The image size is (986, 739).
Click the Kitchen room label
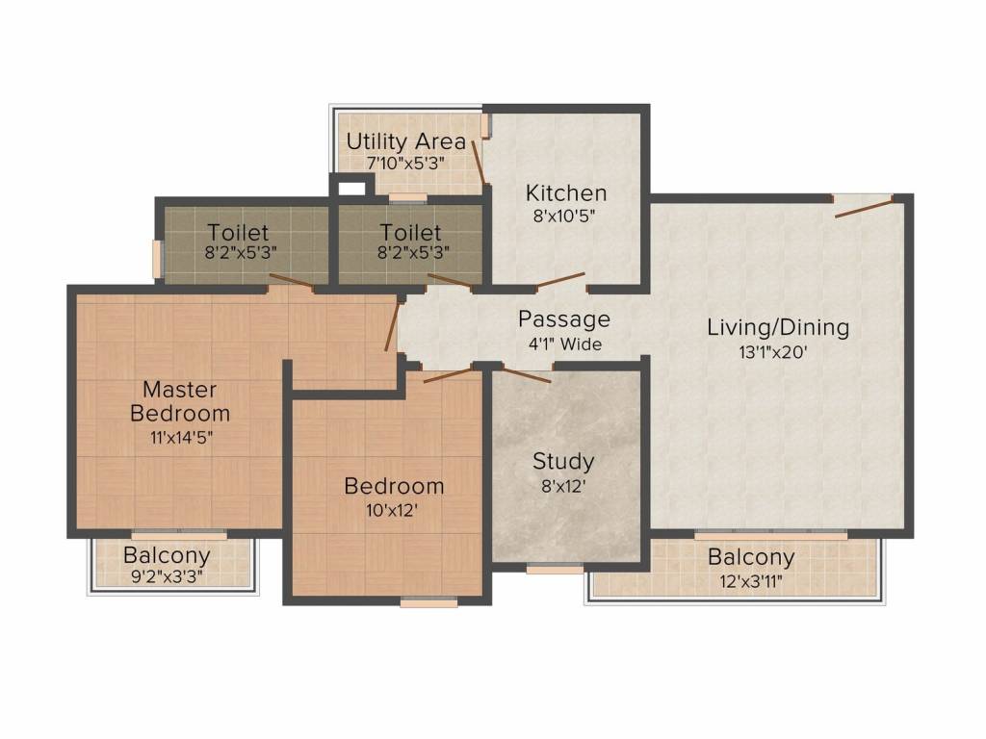[x=566, y=192]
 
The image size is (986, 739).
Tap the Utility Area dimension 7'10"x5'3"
[x=405, y=164]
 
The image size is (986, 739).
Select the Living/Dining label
[x=778, y=327]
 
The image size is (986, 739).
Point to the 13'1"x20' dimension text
[x=773, y=352]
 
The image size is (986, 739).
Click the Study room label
[x=563, y=462]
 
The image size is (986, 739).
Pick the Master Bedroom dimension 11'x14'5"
[x=181, y=438]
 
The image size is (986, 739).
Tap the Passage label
[x=564, y=319]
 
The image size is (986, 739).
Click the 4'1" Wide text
[x=564, y=344]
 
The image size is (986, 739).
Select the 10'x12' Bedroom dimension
[x=393, y=510]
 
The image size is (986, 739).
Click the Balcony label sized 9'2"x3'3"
[x=167, y=555]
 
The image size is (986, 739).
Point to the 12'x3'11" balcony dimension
[x=751, y=581]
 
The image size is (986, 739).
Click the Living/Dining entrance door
[x=864, y=207]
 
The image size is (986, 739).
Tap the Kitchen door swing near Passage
[x=560, y=281]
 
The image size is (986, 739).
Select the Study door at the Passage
[x=527, y=375]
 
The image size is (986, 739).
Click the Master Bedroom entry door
[x=392, y=326]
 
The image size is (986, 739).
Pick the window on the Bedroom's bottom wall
[x=428, y=603]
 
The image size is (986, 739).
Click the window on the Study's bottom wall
[x=555, y=570]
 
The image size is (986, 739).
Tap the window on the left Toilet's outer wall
[x=157, y=259]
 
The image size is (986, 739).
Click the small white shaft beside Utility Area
[x=351, y=188]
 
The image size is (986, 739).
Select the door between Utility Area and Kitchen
[x=480, y=162]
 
